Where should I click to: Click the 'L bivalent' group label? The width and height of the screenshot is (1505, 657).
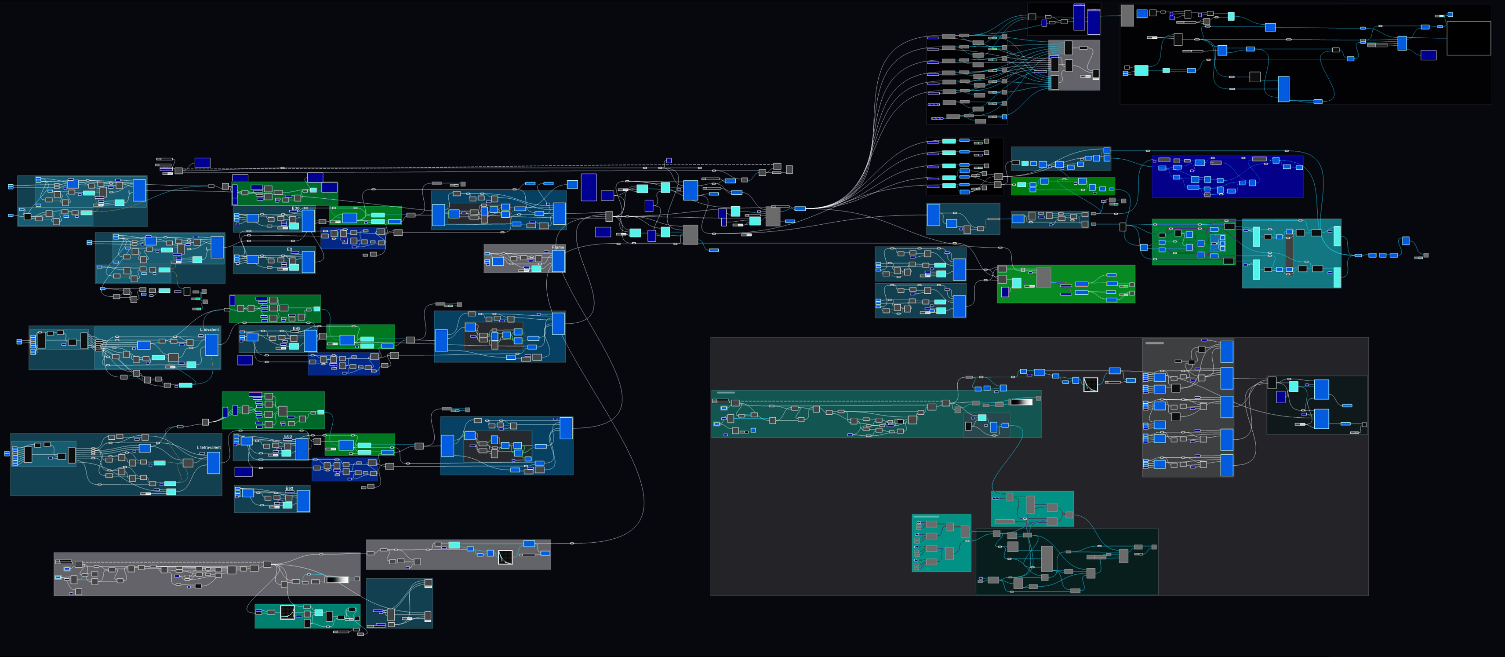tap(209, 330)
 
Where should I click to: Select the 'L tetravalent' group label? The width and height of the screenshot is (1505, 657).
tap(209, 447)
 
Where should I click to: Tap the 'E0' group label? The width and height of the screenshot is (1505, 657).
tap(289, 249)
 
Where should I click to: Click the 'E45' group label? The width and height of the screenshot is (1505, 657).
tap(296, 328)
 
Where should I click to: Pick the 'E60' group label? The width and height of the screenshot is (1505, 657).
tap(288, 436)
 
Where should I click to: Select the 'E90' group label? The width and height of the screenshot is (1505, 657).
tap(289, 488)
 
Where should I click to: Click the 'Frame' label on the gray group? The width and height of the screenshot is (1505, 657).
tap(558, 247)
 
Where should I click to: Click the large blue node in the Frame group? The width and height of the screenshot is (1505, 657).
tap(559, 261)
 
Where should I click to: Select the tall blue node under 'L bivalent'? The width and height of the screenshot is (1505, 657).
tap(211, 345)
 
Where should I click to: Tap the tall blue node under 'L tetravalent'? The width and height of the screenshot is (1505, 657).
tap(214, 462)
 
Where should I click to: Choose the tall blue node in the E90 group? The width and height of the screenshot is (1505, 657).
tap(303, 501)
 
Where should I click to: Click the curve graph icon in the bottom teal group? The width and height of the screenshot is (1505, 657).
tap(287, 612)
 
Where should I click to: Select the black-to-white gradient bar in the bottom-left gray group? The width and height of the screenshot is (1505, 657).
tap(337, 580)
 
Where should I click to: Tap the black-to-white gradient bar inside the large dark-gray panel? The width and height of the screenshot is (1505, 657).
tap(1021, 401)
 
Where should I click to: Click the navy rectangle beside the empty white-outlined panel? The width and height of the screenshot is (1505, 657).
tap(1428, 55)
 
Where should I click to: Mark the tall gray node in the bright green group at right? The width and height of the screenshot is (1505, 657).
tap(1043, 277)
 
